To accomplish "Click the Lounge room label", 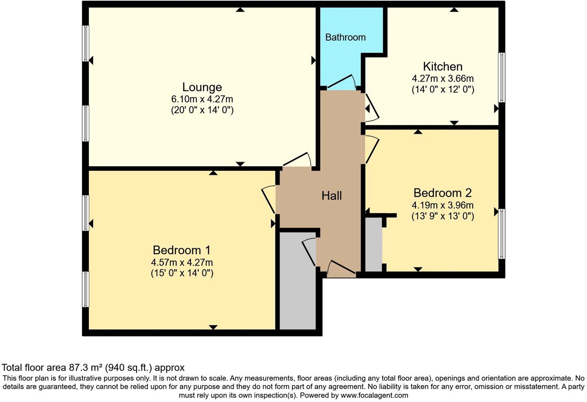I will (x=202, y=87).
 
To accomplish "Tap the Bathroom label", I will (x=345, y=37).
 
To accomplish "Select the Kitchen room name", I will (x=443, y=66).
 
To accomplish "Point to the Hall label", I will (x=332, y=196).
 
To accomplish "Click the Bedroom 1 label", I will (x=182, y=250).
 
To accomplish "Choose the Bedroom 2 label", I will (x=443, y=193).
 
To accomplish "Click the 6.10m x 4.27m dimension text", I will (x=202, y=99).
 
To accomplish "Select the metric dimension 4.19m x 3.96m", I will (x=443, y=205).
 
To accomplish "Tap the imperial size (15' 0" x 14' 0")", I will (x=182, y=273).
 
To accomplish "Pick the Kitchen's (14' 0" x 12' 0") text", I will (x=443, y=90).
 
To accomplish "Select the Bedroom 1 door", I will (x=269, y=199).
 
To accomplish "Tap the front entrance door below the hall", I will (x=341, y=269).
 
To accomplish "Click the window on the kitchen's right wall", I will (x=501, y=77).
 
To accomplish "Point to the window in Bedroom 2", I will (x=501, y=234).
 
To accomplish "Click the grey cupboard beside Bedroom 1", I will (x=297, y=294).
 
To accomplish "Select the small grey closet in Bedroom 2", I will (x=373, y=245).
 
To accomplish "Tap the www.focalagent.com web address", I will (x=374, y=395).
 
